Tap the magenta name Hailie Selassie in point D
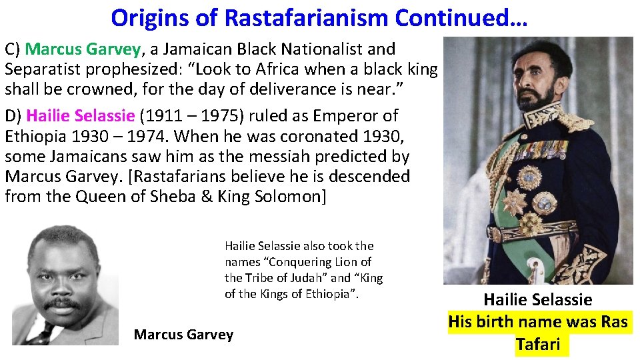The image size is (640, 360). point(81,116)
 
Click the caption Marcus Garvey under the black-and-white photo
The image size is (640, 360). point(183,335)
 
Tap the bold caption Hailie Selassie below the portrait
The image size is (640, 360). point(537,300)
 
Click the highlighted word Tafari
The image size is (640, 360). point(537,345)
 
